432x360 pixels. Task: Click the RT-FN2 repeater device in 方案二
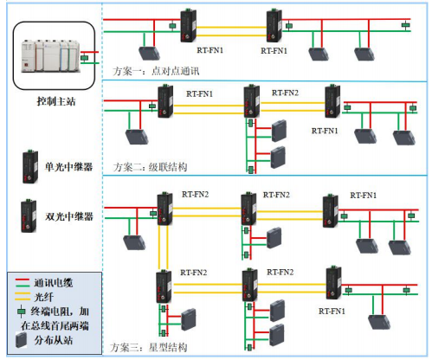point(251,105)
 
